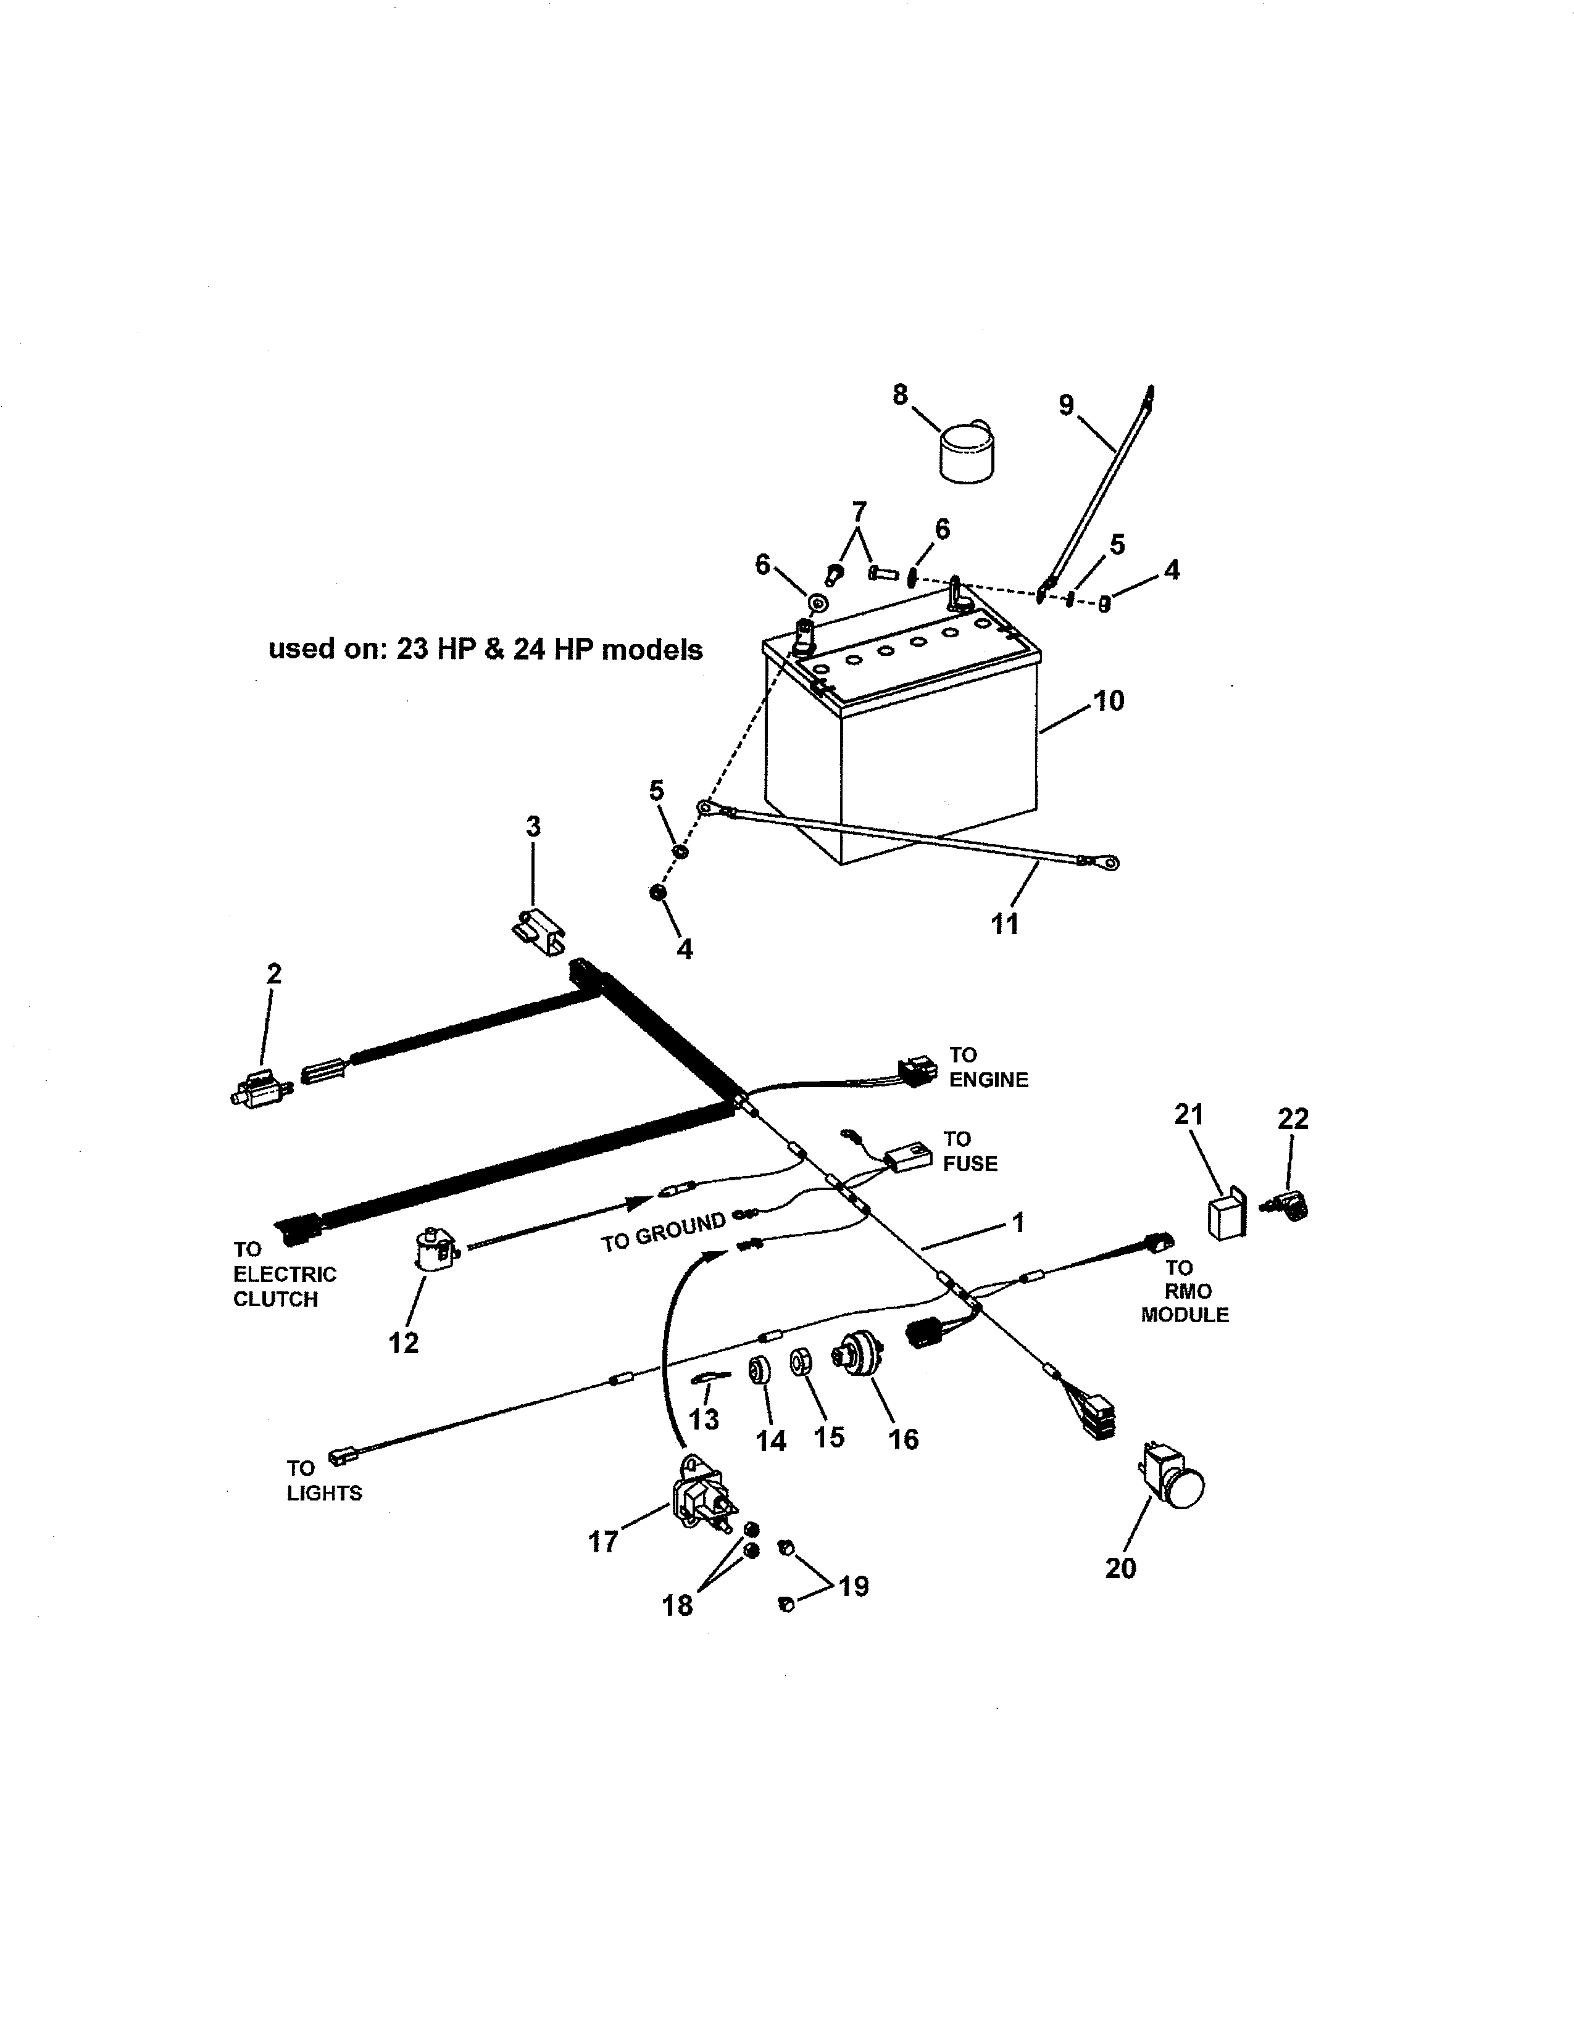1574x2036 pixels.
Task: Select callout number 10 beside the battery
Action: pyautogui.click(x=1108, y=700)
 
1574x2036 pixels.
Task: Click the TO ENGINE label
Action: pyautogui.click(x=988, y=1067)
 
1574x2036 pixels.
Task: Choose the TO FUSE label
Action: pyautogui.click(x=969, y=1151)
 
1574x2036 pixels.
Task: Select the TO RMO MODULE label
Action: pyautogui.click(x=1185, y=1291)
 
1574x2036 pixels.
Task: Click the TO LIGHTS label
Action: pyautogui.click(x=323, y=1480)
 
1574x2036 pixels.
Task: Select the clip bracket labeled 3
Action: pyautogui.click(x=539, y=931)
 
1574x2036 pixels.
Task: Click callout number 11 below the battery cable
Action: pyautogui.click(x=1004, y=924)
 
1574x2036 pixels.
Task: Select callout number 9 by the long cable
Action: pyautogui.click(x=1066, y=405)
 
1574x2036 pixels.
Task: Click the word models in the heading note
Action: pyautogui.click(x=652, y=650)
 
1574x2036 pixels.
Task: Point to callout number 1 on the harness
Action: pyautogui.click(x=1018, y=1222)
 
